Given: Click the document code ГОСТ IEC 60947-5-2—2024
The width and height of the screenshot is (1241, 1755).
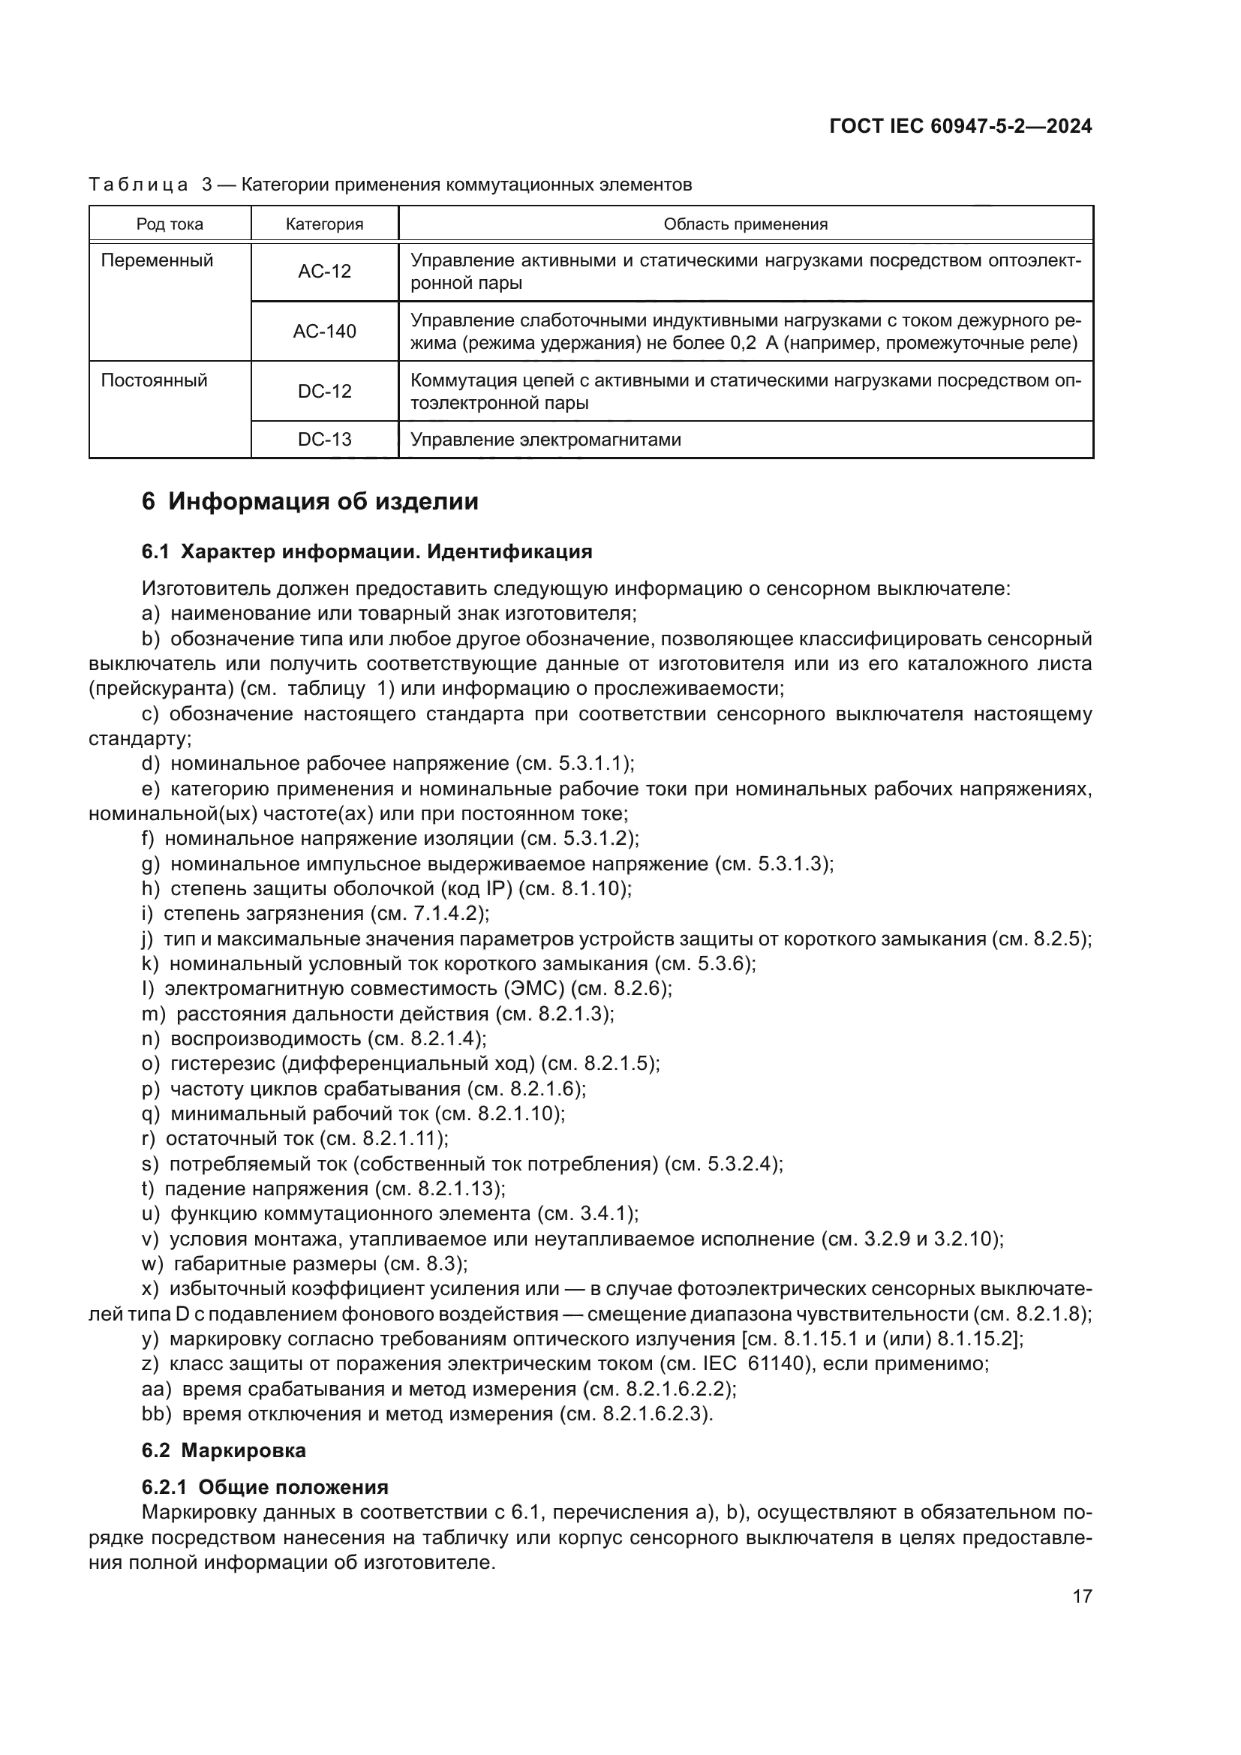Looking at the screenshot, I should (x=960, y=127).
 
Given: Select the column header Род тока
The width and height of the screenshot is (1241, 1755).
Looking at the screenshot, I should (x=170, y=224).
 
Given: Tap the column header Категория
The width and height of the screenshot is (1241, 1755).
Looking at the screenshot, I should (x=324, y=224).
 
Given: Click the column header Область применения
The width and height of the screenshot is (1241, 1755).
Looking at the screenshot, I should (x=745, y=224).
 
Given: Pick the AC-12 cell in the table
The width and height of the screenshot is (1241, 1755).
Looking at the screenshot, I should (x=324, y=272).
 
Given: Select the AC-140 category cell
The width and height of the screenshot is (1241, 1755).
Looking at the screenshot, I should (x=324, y=331).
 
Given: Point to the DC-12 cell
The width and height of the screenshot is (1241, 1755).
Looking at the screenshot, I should (x=324, y=392).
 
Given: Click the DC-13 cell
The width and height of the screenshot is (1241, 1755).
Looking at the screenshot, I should (x=324, y=440).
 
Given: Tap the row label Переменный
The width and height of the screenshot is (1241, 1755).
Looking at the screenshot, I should (x=157, y=260).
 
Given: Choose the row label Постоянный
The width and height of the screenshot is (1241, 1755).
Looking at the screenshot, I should (x=154, y=380).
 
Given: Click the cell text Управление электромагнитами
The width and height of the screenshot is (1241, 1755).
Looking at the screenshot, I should (x=545, y=440).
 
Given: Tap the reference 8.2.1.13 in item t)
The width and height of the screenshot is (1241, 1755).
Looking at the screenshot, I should (x=458, y=1189).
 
